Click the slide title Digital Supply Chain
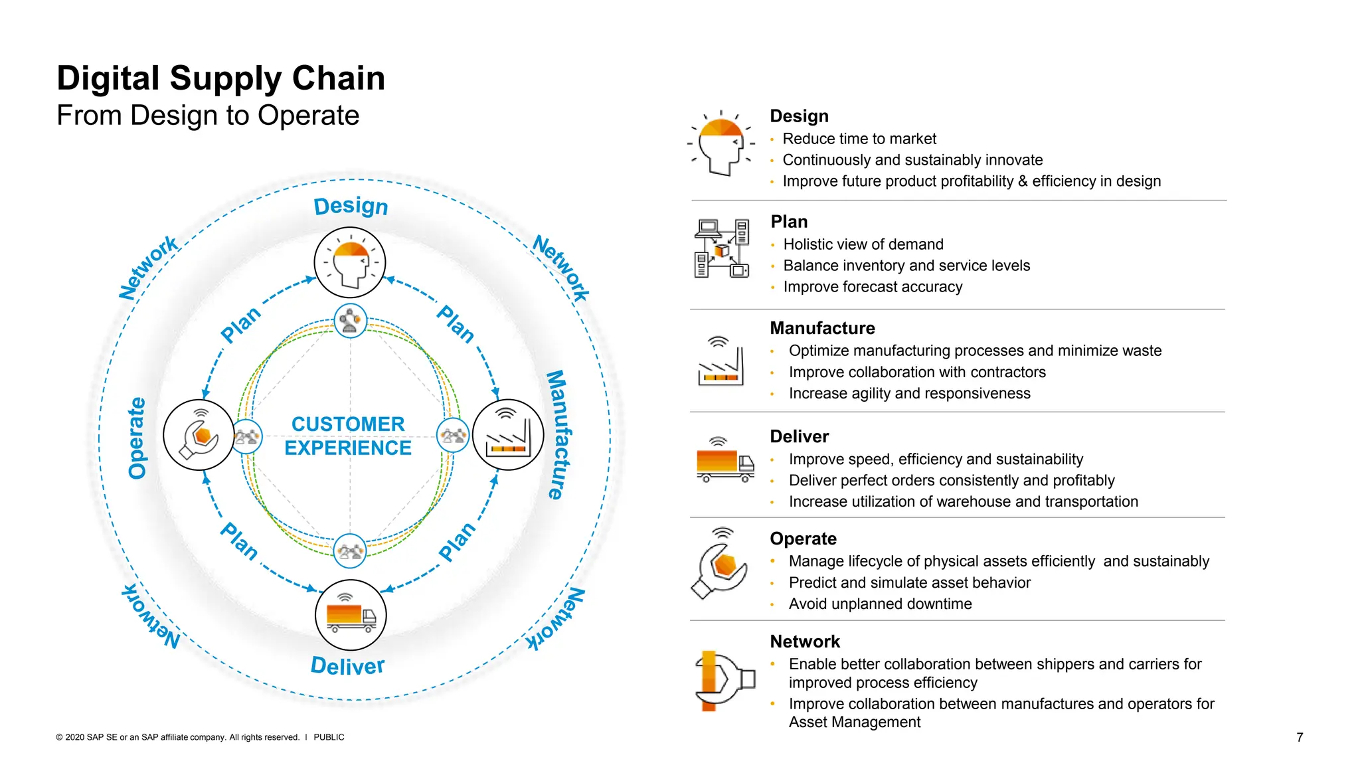[220, 78]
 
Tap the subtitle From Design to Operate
[207, 116]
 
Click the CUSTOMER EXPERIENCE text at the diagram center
[348, 436]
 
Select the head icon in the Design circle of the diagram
[350, 263]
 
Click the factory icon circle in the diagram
[508, 435]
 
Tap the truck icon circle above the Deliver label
[351, 615]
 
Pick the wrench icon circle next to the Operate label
[199, 435]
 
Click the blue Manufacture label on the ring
[556, 434]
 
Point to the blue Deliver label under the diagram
[347, 665]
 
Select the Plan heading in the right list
[789, 222]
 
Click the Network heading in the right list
[805, 641]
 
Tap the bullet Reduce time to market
[859, 139]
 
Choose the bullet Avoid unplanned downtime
[880, 604]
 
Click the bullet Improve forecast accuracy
[873, 287]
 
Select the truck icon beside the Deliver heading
[724, 460]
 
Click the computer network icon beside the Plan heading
[722, 248]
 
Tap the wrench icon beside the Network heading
[724, 680]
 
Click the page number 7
[1300, 737]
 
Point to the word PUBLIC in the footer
[329, 737]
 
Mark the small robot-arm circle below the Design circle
[350, 321]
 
